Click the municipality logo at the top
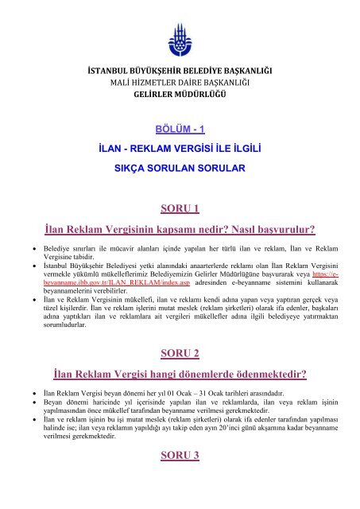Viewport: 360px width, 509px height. coord(179,37)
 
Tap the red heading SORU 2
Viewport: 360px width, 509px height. coord(179,353)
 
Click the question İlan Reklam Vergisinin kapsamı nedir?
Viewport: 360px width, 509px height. coord(131,230)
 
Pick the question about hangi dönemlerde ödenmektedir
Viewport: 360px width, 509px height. coord(179,374)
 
